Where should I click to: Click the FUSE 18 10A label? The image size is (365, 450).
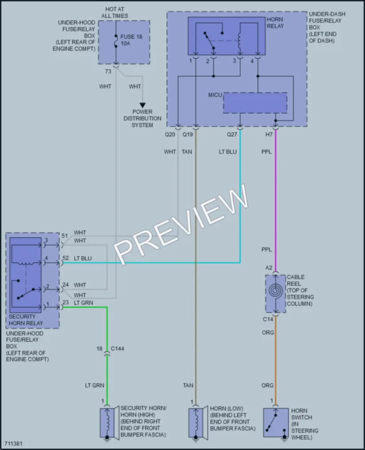[131, 40]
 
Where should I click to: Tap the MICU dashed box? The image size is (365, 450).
[255, 103]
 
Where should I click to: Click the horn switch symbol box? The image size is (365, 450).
[275, 422]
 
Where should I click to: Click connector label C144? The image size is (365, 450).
[118, 349]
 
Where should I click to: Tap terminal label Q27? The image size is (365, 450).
[232, 134]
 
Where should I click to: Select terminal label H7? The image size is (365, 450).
[269, 134]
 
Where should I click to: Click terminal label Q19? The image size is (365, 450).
[188, 134]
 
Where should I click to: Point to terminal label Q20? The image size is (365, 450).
[169, 134]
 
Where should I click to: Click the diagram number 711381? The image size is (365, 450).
[13, 444]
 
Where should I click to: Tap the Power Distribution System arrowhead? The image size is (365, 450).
[142, 105]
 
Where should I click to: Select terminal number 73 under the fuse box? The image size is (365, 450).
[108, 71]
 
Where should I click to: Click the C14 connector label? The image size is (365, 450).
[268, 319]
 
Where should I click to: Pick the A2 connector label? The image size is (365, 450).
[269, 268]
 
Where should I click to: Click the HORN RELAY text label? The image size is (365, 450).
[275, 23]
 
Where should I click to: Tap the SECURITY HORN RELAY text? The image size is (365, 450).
[26, 320]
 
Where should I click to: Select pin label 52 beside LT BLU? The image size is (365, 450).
[66, 258]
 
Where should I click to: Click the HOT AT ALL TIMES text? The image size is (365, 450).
[114, 12]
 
